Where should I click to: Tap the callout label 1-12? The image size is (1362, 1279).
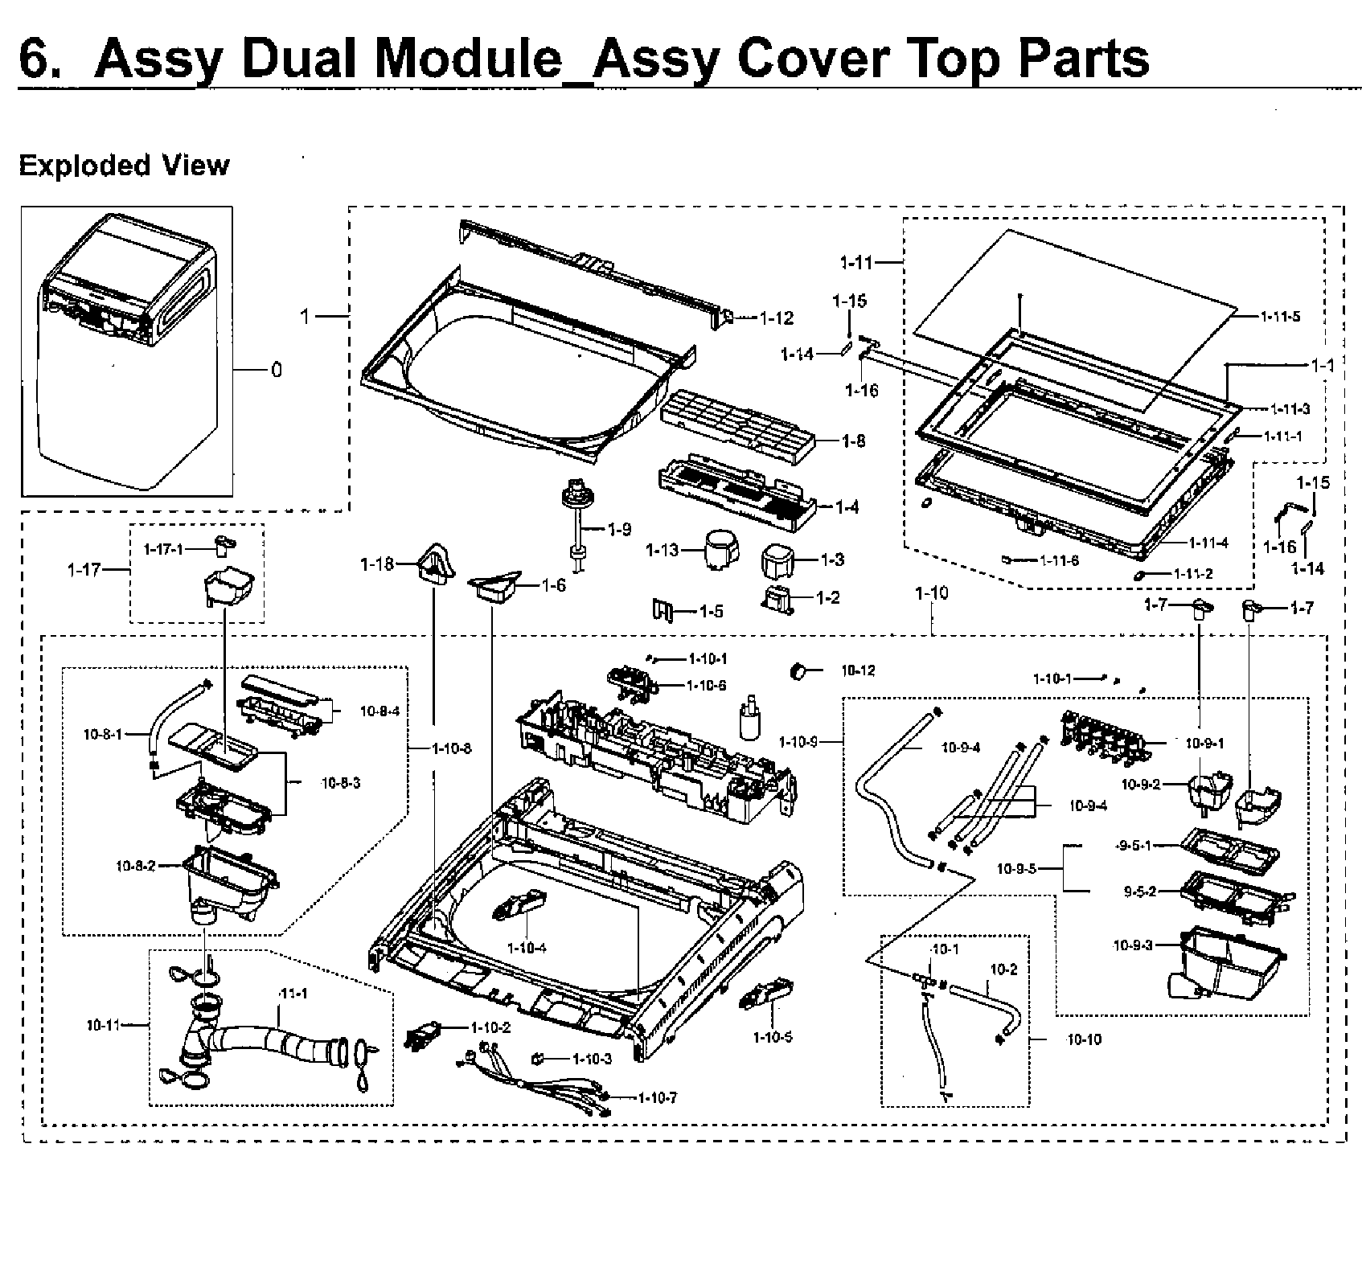tap(776, 318)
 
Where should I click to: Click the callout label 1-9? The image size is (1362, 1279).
tap(619, 529)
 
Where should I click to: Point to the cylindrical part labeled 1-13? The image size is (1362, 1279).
tap(718, 551)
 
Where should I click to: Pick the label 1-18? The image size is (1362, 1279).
tap(377, 564)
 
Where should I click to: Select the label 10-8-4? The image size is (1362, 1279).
tap(379, 711)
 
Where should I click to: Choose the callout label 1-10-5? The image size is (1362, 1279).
tap(773, 1037)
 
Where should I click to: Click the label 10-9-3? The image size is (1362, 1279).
tap(1132, 945)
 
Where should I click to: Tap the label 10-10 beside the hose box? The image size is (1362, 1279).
tap(1084, 1039)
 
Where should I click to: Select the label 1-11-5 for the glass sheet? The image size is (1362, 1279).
tap(1281, 317)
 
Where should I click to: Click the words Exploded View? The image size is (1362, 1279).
tap(124, 166)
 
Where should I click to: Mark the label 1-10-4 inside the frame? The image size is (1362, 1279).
tap(527, 948)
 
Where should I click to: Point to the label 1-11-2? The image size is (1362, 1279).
tap(1193, 573)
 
